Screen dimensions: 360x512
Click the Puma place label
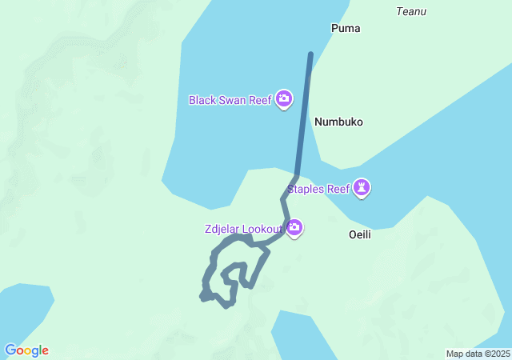[x=346, y=28]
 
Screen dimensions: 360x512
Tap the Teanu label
[x=411, y=11]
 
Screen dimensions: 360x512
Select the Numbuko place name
[x=338, y=122]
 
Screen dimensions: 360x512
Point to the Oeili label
[x=361, y=235]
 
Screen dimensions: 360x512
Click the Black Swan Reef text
[x=230, y=100]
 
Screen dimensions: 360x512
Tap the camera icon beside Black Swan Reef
[x=284, y=99]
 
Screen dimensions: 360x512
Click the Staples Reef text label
[x=317, y=189]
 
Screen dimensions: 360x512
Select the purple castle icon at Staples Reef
[x=362, y=189]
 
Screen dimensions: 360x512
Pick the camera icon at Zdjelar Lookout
[x=294, y=229]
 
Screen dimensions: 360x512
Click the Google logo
[x=26, y=350]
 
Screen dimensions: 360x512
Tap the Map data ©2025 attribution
[x=478, y=354]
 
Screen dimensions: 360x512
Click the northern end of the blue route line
[x=310, y=54]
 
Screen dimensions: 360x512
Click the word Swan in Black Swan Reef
[x=233, y=100]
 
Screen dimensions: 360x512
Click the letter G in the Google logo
[x=10, y=350]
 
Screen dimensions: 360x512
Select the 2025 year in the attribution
[x=499, y=354]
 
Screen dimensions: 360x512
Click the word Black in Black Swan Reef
[x=202, y=100]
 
